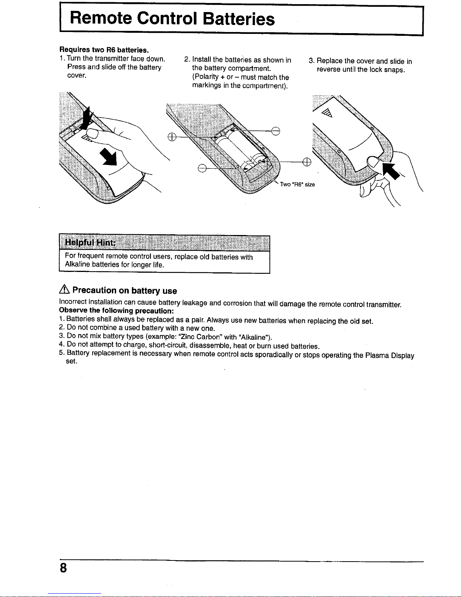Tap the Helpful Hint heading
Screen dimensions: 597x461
coord(89,242)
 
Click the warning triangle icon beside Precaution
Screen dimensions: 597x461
coord(64,290)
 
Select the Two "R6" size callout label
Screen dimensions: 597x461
coord(297,185)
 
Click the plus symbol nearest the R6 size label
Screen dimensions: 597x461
coord(306,162)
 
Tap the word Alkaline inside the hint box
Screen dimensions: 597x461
coord(77,265)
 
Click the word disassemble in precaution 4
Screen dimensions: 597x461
coord(211,346)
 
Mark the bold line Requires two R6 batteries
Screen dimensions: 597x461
coord(104,50)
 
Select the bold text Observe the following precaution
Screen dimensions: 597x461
coord(116,311)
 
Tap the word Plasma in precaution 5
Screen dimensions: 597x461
coord(377,355)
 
